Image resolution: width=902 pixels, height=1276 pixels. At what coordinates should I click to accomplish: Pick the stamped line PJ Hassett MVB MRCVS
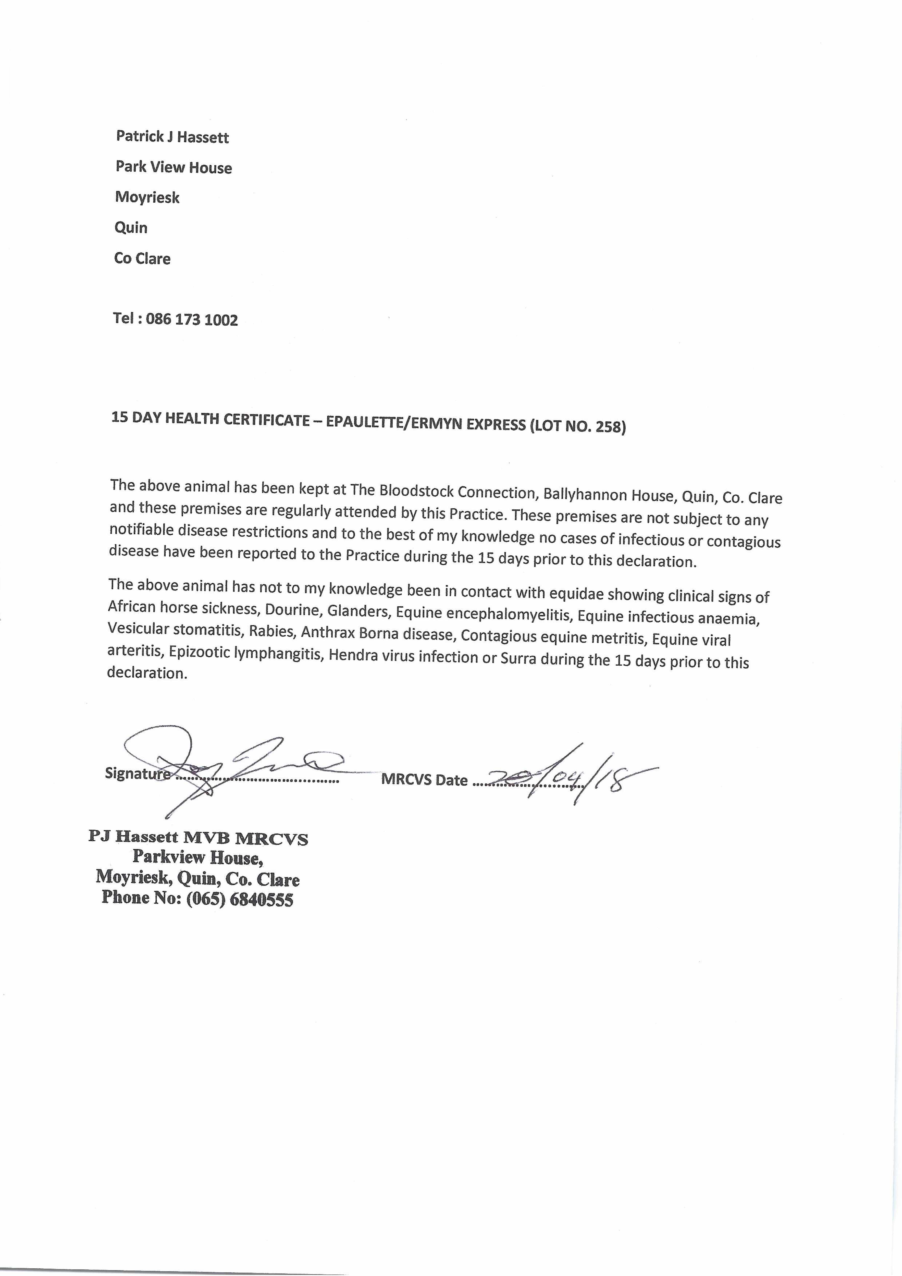pos(199,838)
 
